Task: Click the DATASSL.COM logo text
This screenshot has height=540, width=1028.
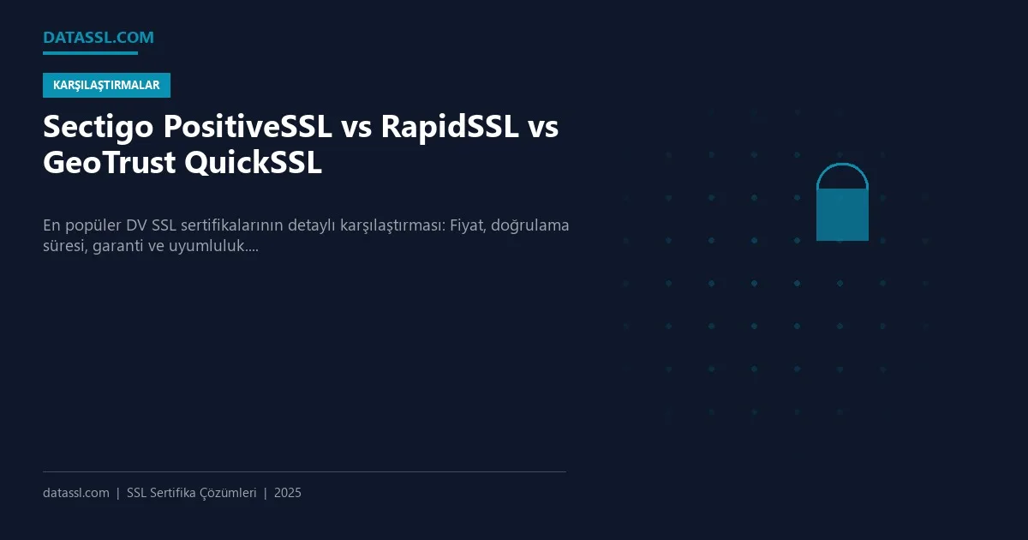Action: click(98, 37)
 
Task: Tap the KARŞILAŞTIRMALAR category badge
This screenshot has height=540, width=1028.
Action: click(106, 86)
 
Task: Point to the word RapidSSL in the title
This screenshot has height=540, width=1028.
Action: click(449, 128)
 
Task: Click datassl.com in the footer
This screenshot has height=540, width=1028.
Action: click(76, 493)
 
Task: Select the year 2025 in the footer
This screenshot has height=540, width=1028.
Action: click(288, 493)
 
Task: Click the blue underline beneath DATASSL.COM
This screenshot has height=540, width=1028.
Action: click(90, 53)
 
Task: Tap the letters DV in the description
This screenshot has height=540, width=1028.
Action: click(136, 226)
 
